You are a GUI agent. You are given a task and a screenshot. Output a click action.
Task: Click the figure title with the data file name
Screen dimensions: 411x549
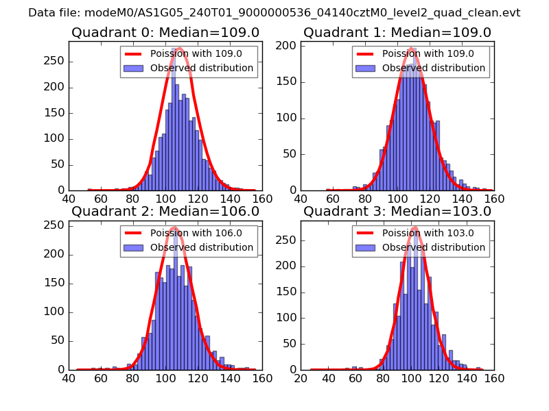(274, 13)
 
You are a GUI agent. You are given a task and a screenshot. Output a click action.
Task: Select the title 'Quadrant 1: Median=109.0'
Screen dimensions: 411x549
(397, 32)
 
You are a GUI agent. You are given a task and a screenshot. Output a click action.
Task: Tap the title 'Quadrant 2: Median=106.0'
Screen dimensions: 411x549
(165, 211)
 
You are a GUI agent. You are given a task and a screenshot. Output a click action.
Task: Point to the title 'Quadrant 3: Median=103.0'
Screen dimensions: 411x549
(397, 211)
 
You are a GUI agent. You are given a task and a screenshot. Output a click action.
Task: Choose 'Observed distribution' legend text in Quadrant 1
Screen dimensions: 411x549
(434, 68)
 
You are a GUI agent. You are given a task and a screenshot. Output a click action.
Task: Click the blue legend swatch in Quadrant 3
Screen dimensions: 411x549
(366, 247)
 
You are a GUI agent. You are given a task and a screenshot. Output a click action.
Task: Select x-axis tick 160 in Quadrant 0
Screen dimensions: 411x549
(262, 199)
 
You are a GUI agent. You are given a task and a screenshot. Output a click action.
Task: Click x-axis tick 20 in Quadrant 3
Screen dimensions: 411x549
(301, 377)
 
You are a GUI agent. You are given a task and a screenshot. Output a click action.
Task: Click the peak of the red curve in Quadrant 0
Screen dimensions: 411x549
(180, 48)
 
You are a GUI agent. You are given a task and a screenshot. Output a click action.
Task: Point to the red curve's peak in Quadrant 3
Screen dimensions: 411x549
(414, 227)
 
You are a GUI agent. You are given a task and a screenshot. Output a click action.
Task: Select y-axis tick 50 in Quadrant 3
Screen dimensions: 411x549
(290, 341)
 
